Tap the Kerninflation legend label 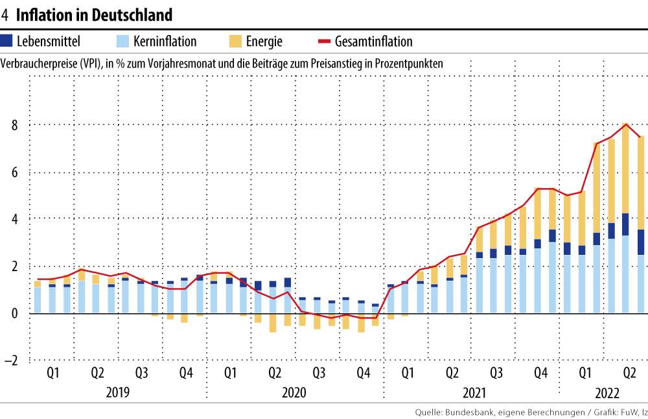click(165, 42)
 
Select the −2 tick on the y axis click(12, 361)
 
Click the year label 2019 click(117, 393)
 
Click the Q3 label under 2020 click(319, 374)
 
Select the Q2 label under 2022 click(629, 374)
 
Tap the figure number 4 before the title click(5, 14)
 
